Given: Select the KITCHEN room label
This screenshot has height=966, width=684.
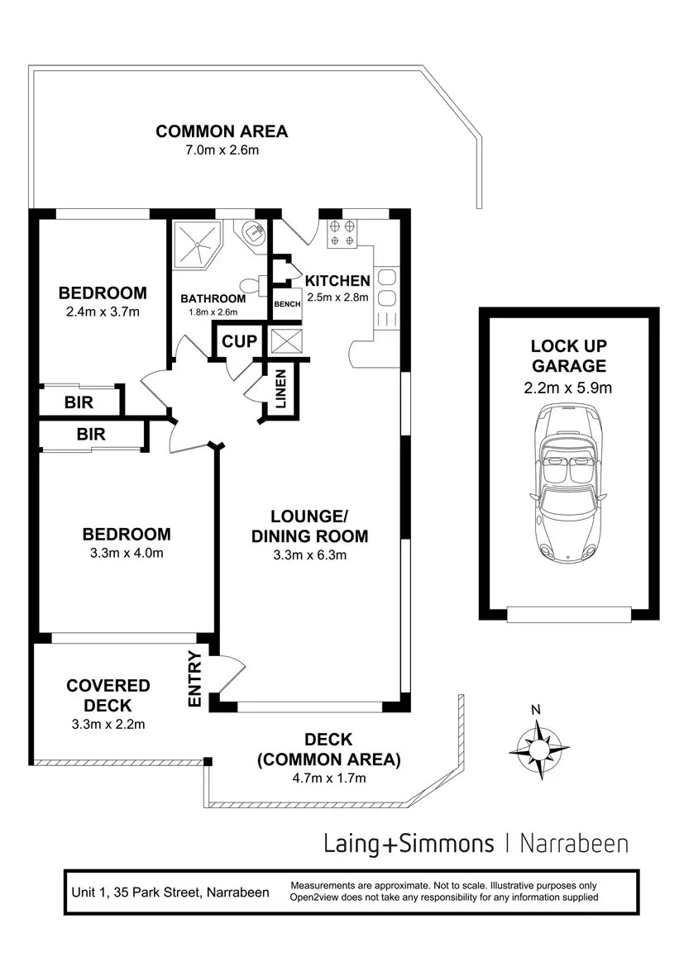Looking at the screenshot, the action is click(337, 281).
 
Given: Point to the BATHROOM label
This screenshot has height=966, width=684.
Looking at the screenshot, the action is click(213, 299).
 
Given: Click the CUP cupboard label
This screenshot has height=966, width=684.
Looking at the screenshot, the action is click(239, 341).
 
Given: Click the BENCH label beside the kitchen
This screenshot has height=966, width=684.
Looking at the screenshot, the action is click(287, 304).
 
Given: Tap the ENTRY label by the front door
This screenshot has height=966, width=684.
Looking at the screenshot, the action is click(196, 679).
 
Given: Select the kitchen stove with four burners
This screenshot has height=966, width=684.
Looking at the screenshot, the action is click(342, 233).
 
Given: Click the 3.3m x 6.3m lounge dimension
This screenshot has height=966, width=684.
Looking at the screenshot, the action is click(309, 555).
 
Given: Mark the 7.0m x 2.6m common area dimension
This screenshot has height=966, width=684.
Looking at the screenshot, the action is click(222, 150).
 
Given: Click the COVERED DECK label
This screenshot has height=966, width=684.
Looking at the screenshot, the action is click(108, 695).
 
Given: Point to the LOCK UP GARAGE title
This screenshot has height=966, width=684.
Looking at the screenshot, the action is click(569, 356).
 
